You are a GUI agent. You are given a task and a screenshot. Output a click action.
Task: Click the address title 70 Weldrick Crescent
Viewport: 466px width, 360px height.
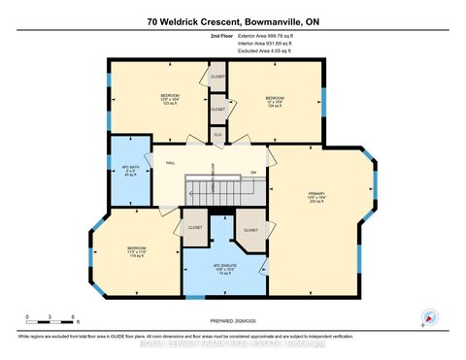pyautogui.click(x=232, y=20)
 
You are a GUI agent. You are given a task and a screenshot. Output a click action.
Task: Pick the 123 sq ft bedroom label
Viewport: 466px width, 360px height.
pyautogui.click(x=170, y=99)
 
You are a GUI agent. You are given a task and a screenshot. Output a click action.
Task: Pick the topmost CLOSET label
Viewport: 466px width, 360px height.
pyautogui.click(x=217, y=75)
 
